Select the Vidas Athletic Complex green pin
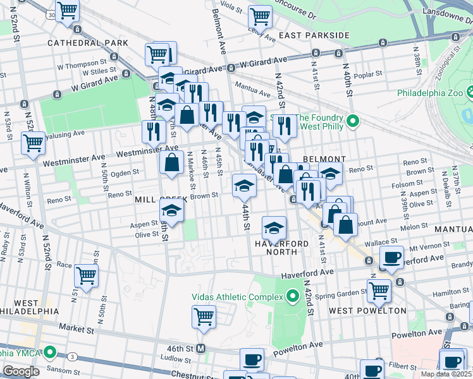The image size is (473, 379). coord(292,296)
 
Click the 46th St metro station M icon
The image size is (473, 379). coord(202,349)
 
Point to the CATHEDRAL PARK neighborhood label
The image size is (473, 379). coord(88,43)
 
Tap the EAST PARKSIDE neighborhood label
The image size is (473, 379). coord(314,35)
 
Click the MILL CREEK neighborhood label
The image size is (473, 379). coord(161,200)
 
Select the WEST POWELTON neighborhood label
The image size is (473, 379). coord(367,311)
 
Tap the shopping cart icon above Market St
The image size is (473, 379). coord(204,316)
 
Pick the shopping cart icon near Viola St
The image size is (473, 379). coord(260,16)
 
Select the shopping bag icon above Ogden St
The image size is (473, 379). coord(172,162)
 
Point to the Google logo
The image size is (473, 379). coord(21,371)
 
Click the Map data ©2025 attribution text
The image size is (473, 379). coord(446,374)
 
